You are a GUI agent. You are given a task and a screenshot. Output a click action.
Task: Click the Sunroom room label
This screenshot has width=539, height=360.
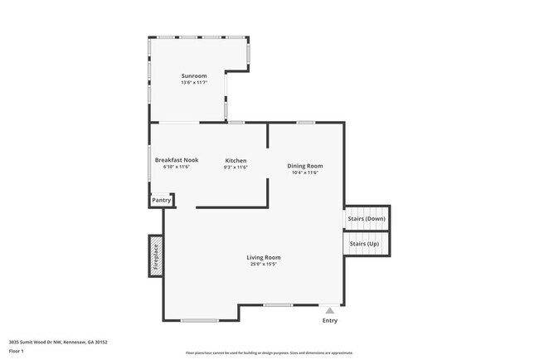pos(193,76)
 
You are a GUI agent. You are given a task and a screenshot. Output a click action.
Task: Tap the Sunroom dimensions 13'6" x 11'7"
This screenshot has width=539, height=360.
pos(193,83)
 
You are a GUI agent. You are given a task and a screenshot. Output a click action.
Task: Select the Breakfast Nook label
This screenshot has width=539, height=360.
pos(177,160)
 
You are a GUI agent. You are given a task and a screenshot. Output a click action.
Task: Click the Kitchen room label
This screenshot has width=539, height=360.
pos(236,160)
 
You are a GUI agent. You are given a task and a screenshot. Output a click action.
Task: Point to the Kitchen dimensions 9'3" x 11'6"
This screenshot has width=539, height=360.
pos(236,167)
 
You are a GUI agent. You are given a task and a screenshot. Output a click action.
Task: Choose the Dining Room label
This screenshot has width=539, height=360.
pos(305,166)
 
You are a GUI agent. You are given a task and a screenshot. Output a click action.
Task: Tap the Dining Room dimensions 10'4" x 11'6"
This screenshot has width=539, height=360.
pos(305,173)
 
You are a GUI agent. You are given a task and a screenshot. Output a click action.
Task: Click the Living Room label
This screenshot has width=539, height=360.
pos(264,257)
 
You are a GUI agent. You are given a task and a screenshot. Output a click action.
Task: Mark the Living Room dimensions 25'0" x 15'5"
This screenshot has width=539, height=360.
pos(264,265)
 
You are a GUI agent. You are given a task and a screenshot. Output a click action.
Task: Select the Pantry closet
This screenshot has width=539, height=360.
pos(161,200)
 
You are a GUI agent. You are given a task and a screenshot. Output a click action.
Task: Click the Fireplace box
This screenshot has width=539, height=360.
pos(155,255)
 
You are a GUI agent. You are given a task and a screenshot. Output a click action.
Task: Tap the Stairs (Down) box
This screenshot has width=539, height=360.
pos(367,217)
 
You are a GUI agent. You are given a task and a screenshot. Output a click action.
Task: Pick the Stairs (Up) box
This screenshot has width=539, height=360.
pos(365,244)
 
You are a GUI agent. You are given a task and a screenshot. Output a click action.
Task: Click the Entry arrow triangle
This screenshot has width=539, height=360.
pos(329,310)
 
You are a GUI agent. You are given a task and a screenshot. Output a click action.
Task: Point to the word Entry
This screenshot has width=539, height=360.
pos(329,320)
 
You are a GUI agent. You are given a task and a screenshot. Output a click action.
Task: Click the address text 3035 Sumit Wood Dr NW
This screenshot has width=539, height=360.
pos(58,342)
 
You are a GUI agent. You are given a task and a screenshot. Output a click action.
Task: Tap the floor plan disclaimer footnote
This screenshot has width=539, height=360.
pos(269,353)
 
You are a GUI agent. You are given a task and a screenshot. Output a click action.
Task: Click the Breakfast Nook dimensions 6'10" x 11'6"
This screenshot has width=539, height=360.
pos(177,167)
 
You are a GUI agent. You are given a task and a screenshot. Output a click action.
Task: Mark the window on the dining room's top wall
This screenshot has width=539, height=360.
pos(306,123)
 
